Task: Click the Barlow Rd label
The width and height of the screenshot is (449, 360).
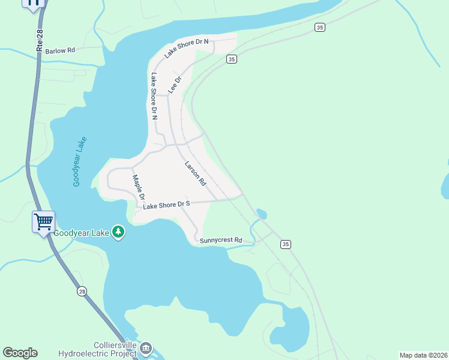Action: pos(60,51)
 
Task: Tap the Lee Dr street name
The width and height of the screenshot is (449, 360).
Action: pos(175,84)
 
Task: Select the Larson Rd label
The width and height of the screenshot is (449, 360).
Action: pos(195,173)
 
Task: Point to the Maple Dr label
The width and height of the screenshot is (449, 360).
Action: pos(139,187)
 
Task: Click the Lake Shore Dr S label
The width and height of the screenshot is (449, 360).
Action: pos(166,205)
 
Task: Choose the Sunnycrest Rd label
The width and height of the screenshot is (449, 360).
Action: pos(221,241)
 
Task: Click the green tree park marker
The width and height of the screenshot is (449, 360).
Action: pos(119,232)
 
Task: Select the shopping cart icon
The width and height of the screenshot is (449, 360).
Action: pos(44,221)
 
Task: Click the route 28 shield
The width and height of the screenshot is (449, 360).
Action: pos(82,291)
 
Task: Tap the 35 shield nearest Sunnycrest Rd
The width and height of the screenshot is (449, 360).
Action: pos(285,244)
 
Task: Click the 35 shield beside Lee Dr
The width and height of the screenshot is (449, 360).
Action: pos(232,59)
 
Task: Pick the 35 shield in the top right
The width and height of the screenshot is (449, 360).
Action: pos(319,27)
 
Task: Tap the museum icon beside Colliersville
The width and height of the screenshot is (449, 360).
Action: pos(146,348)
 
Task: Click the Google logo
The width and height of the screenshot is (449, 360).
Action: pos(20,353)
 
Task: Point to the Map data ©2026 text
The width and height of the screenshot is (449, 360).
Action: pos(423,355)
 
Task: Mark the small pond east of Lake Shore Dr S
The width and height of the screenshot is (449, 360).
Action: pos(261,214)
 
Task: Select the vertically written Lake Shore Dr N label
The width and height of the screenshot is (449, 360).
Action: pos(154,96)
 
